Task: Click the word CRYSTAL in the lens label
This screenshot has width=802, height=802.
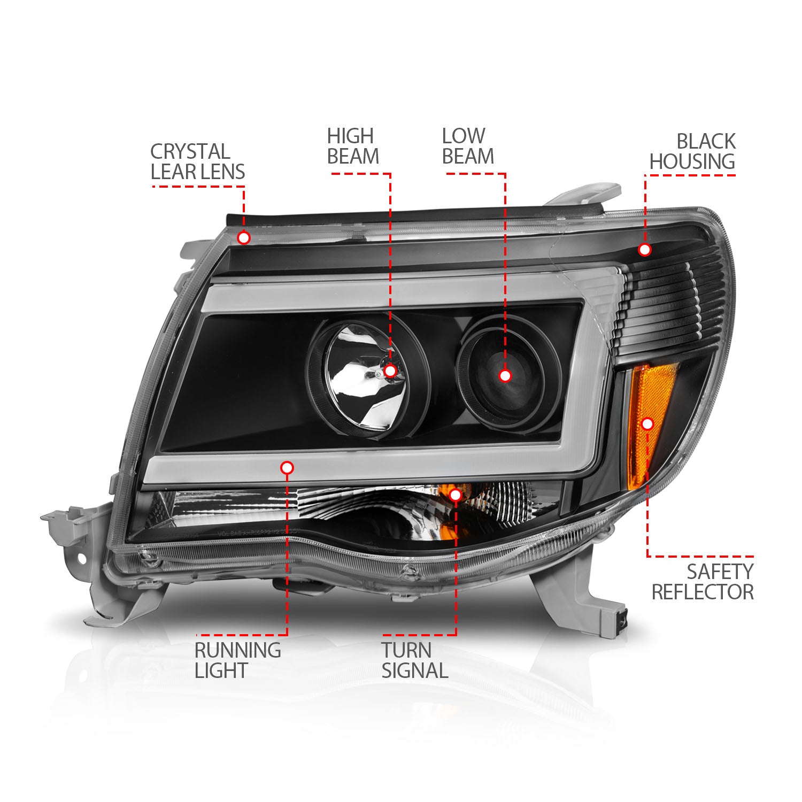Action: click(190, 151)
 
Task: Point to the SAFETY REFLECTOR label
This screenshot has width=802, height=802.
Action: click(703, 582)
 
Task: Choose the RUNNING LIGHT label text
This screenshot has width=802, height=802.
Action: click(237, 660)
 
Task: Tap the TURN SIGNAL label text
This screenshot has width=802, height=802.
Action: click(414, 660)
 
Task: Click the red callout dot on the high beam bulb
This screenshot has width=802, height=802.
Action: click(390, 371)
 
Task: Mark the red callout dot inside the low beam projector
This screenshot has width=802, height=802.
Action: click(505, 376)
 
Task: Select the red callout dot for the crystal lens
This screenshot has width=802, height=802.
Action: click(244, 237)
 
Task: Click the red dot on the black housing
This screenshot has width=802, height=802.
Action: click(645, 249)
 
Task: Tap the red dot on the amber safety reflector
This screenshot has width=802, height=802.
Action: click(647, 424)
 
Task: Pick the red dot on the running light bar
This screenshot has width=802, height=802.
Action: click(287, 468)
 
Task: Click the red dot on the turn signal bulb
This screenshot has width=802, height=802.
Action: click(456, 495)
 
